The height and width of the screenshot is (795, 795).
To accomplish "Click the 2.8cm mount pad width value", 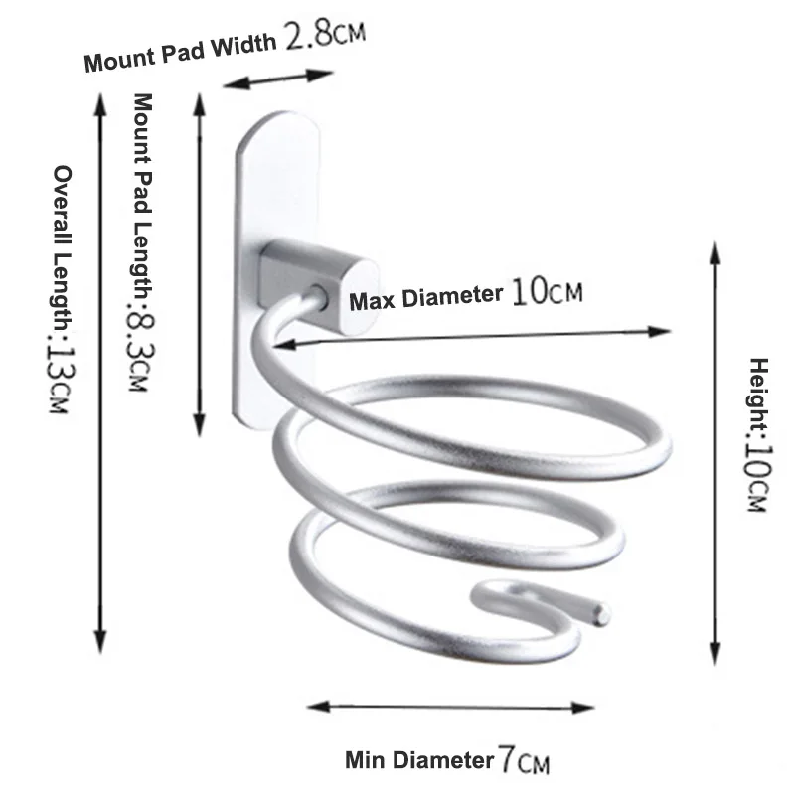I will point(325,37).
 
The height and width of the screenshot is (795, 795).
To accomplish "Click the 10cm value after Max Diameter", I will point(546,291).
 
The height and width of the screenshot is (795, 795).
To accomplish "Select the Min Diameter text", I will point(418,762).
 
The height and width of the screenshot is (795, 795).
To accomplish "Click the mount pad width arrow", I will point(277,79).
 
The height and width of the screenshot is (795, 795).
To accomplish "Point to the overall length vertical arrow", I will point(99,368).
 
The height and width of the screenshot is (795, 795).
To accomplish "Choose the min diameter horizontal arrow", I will point(450,707).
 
